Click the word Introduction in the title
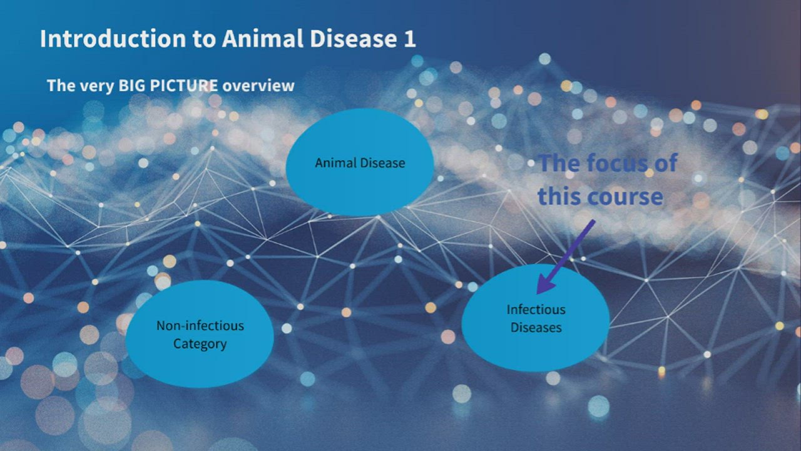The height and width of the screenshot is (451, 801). [x=112, y=39]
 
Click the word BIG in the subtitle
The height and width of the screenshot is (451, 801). [x=132, y=86]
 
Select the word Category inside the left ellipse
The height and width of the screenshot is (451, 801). [x=200, y=344]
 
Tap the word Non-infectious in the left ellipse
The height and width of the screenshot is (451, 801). [x=200, y=326]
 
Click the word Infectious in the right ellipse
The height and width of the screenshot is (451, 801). [x=536, y=309]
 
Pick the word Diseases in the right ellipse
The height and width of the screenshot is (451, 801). [x=536, y=328]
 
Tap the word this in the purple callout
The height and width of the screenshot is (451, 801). [x=559, y=197]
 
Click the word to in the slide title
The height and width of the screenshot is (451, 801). [x=203, y=39]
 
